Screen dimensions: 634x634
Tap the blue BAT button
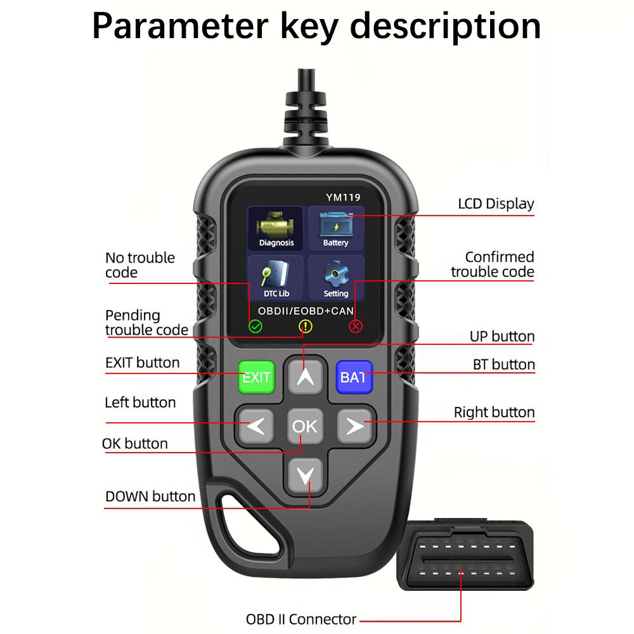click(353, 377)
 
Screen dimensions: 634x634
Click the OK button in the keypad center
click(305, 426)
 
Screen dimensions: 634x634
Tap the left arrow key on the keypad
click(256, 426)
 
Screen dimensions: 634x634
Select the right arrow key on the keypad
click(355, 426)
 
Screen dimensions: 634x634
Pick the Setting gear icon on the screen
click(336, 277)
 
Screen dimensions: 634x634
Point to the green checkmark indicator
click(255, 327)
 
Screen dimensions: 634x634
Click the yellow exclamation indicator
click(306, 327)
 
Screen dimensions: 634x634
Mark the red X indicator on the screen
click(356, 327)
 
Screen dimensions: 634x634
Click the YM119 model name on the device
click(343, 197)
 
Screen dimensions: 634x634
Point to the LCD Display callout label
click(496, 204)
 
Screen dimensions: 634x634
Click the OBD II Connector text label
click(301, 619)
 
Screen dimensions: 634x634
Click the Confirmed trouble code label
click(493, 264)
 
